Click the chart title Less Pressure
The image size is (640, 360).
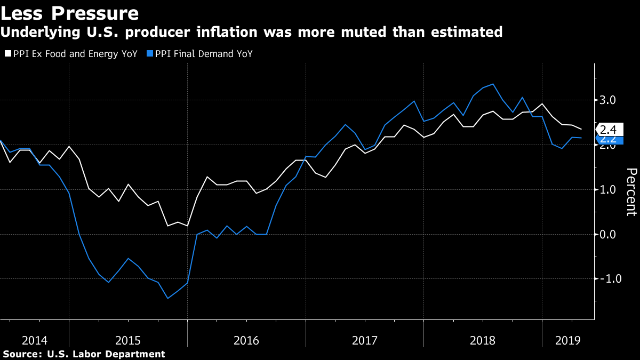pos(70,13)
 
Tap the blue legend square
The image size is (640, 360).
pos(150,54)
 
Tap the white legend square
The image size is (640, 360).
pos(7,54)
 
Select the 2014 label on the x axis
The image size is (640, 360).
pos(34,340)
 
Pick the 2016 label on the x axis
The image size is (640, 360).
pos(246,340)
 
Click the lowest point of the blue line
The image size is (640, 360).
pos(168,298)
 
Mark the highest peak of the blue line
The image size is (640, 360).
pos(492,84)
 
